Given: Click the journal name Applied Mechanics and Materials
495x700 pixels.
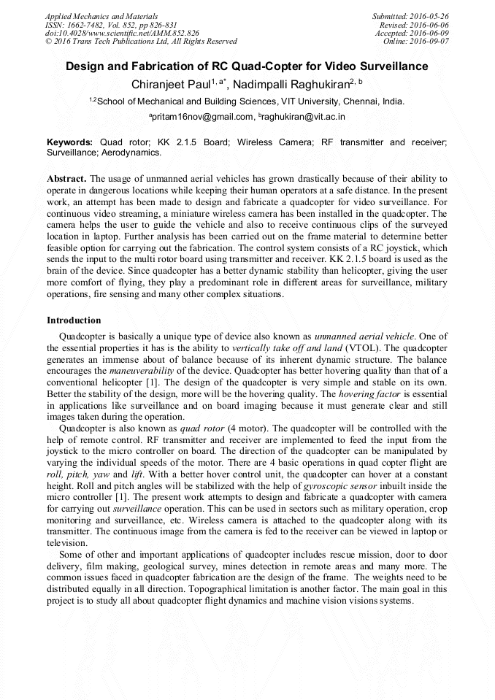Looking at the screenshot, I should tap(101, 16).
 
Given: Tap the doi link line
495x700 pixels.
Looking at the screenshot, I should tap(122, 34).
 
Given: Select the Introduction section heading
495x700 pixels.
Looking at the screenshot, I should tap(74, 320).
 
